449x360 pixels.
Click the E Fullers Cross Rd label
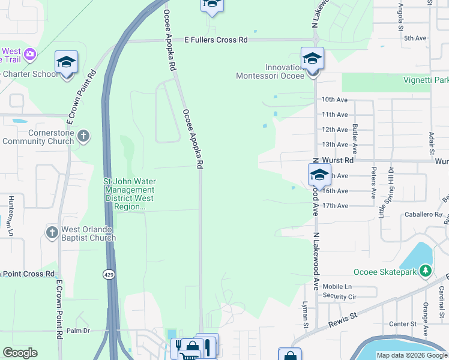tap(215, 40)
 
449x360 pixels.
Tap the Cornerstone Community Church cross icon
tap(83, 136)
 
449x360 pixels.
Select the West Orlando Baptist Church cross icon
tap(52, 231)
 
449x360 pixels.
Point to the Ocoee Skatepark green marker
tap(426, 271)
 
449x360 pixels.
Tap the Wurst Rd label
tap(338, 160)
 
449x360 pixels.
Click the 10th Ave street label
tap(334, 100)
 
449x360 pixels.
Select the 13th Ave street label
tap(334, 145)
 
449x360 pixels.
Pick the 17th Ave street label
tap(335, 206)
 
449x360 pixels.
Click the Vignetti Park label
tap(426, 80)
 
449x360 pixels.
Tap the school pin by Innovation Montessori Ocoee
tap(312, 59)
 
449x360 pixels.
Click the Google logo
tap(20, 353)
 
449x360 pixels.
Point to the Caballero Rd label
tap(423, 214)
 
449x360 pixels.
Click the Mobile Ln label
tap(336, 287)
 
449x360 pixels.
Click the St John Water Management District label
tap(130, 194)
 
